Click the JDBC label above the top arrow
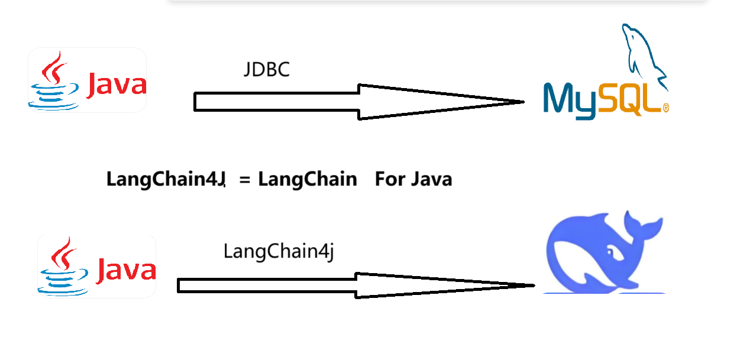[x=267, y=70]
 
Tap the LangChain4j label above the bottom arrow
[x=279, y=251]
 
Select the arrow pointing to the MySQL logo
[x=355, y=102]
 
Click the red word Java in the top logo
[x=117, y=85]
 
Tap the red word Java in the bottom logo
[x=126, y=271]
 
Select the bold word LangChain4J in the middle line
[x=166, y=179]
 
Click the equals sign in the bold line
[x=245, y=180]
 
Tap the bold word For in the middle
[x=389, y=179]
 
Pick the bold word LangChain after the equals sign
[x=308, y=179]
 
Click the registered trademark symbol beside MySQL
[x=665, y=108]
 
